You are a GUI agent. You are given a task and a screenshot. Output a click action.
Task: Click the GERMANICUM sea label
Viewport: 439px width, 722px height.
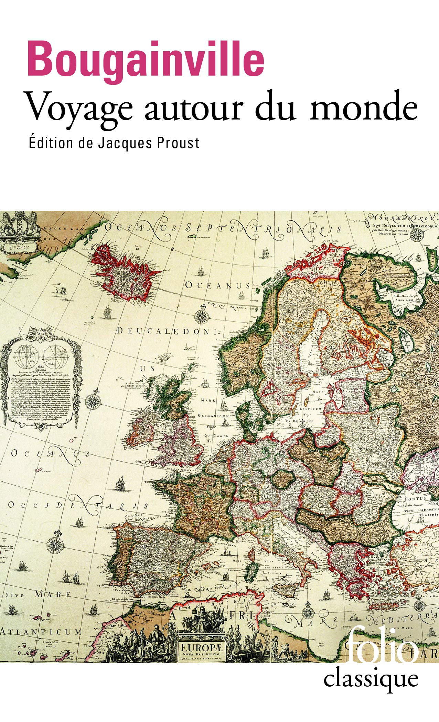213,416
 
